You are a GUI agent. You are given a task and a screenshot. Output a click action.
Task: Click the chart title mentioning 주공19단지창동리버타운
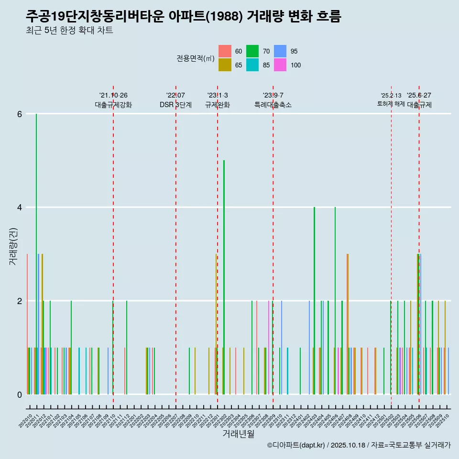point(184,17)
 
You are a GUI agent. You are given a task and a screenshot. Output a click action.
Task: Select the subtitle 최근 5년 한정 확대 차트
point(70,31)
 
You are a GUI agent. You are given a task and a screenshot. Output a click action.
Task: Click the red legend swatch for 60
point(225,51)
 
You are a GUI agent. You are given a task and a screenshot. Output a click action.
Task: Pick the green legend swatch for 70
point(252,51)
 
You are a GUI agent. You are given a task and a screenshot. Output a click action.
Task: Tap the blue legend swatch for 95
point(280,51)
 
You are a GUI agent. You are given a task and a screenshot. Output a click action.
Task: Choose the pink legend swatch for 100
point(280,65)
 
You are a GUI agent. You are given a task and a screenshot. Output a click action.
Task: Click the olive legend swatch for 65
point(225,65)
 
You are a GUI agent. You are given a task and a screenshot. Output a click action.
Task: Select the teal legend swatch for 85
point(252,65)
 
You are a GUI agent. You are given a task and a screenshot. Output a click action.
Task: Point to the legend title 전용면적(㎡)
point(195,58)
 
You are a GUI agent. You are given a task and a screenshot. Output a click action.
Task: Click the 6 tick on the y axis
point(20,114)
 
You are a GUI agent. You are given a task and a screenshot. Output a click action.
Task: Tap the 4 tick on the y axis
point(20,208)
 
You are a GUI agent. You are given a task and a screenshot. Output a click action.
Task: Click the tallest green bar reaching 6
point(36,253)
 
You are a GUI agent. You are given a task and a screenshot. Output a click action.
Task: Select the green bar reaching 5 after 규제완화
point(224,277)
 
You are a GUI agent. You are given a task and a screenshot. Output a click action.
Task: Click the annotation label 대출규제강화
point(113,105)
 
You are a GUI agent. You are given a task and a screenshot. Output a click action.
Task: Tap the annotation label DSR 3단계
point(175,105)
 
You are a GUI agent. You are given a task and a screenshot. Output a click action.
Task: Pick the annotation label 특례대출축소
point(273,105)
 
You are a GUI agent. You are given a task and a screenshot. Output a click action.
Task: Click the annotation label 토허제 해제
point(391,104)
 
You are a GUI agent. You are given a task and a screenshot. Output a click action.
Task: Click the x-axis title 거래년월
point(238,434)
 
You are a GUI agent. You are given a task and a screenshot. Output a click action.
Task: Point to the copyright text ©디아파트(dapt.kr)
point(296,445)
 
